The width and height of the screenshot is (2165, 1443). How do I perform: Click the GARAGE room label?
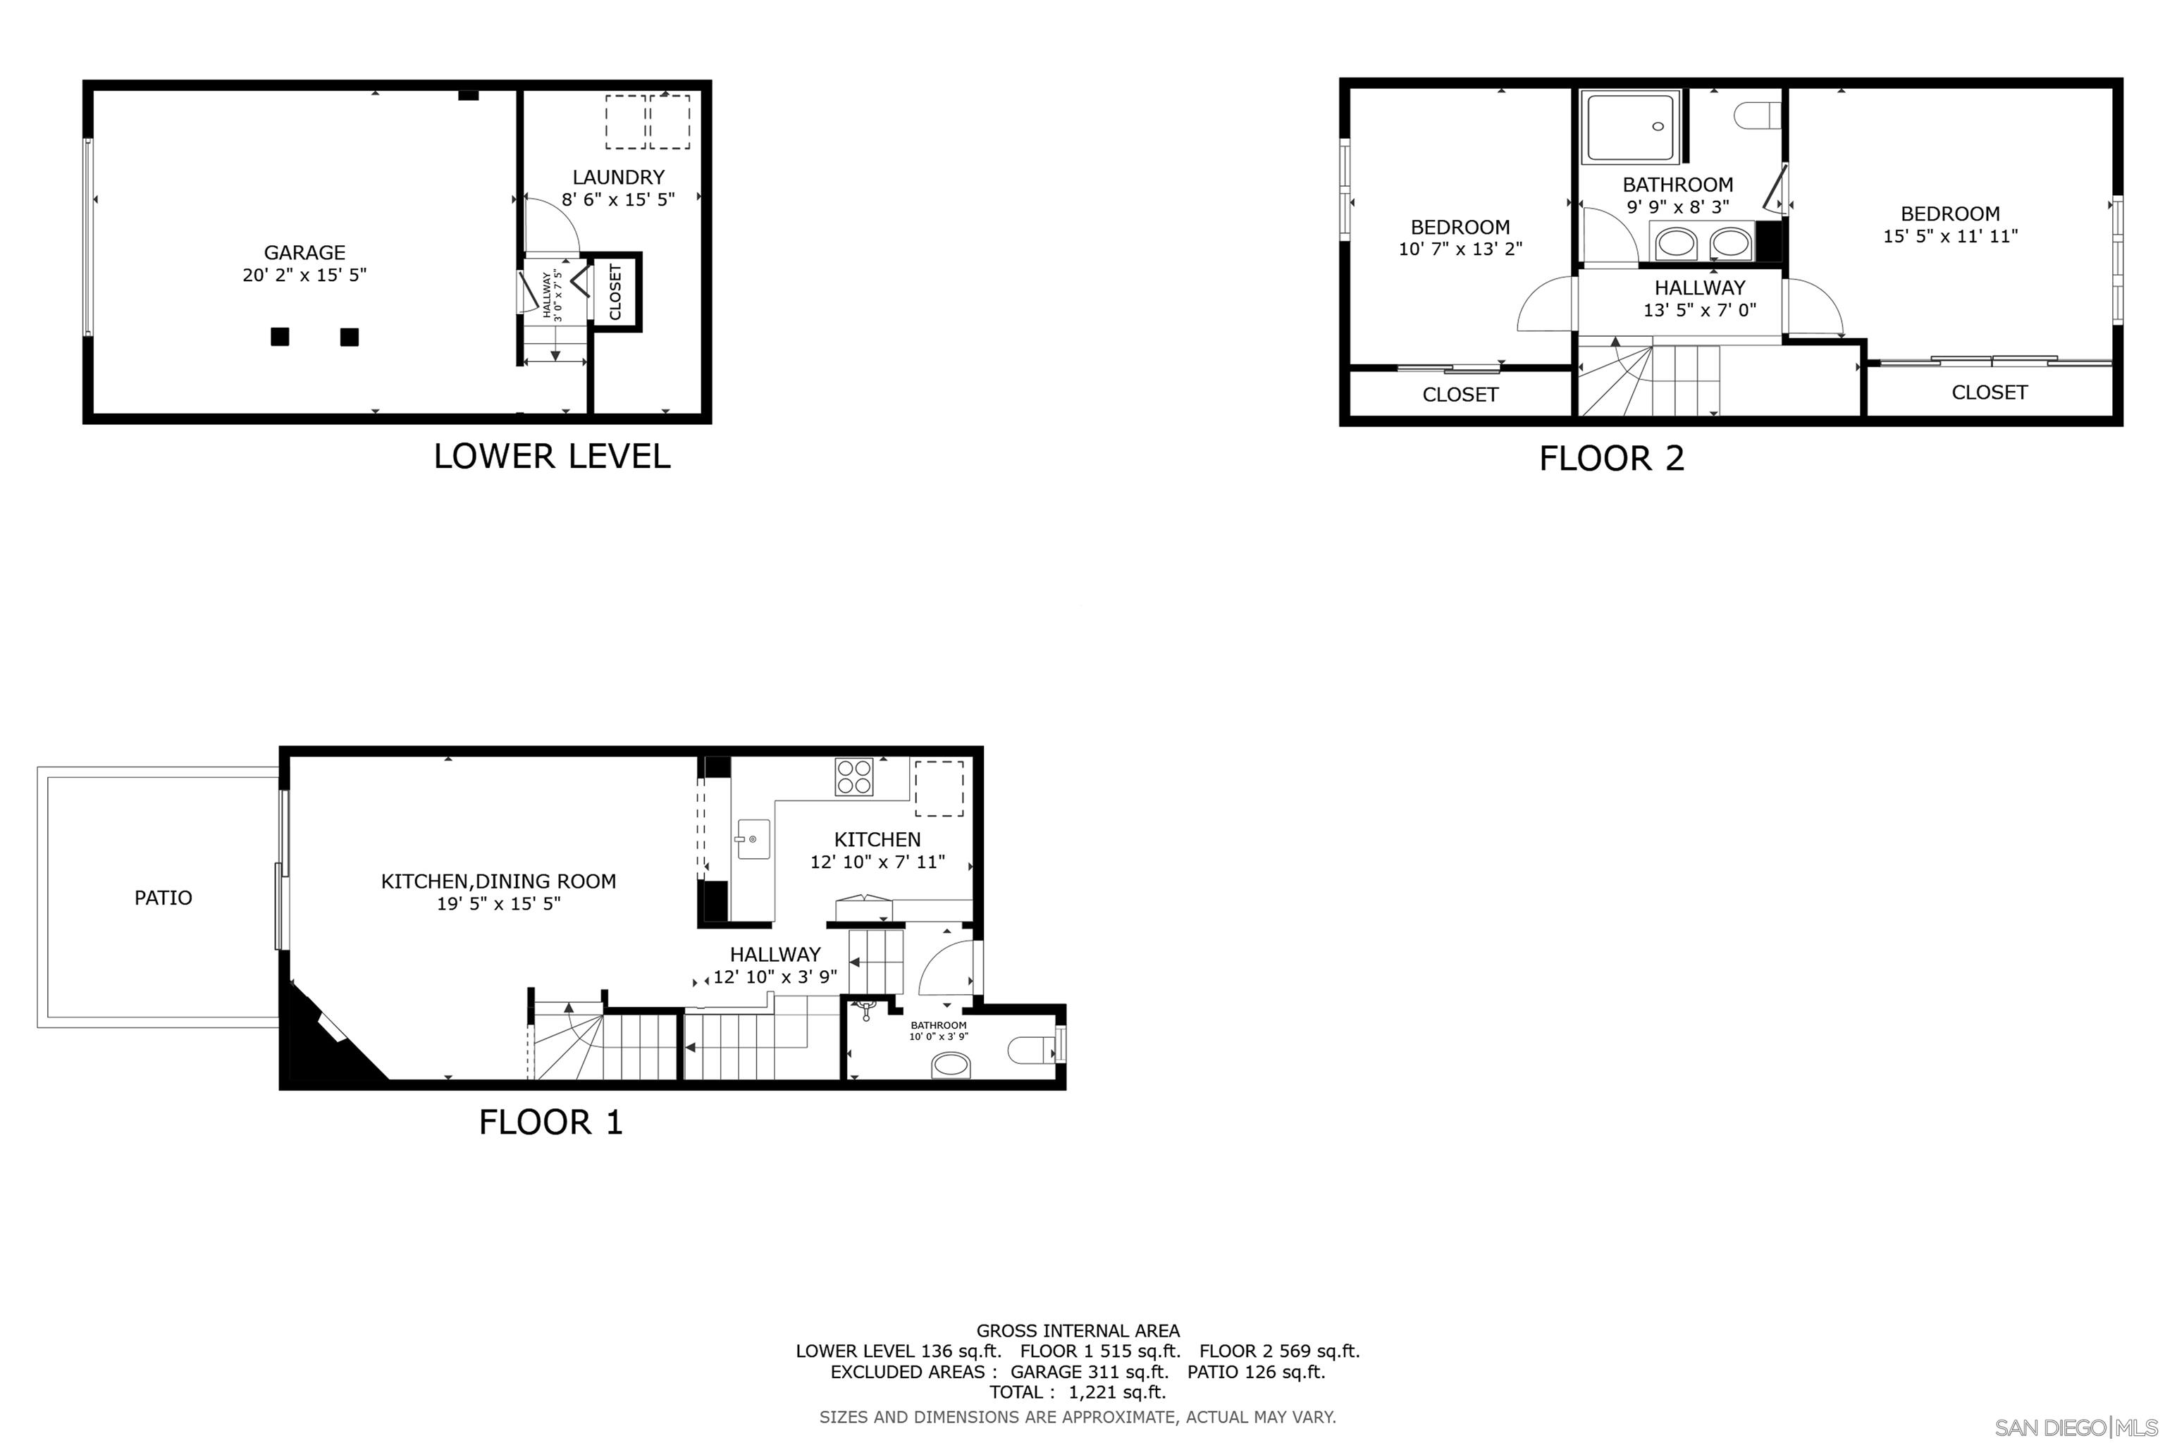point(304,252)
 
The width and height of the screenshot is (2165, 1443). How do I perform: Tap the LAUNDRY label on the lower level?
point(617,178)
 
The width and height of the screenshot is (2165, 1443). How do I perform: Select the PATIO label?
point(163,897)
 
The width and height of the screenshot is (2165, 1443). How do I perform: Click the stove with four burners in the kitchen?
point(853,776)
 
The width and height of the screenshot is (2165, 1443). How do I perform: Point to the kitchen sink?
point(752,839)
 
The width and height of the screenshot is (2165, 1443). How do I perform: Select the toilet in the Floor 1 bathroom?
point(1032,1048)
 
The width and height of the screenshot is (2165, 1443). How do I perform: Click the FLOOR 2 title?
point(1611,458)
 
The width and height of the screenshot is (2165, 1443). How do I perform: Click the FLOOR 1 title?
point(550,1122)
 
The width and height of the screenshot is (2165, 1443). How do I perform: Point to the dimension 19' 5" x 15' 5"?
point(498,904)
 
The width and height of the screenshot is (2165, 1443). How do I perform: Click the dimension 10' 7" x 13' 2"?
point(1460,249)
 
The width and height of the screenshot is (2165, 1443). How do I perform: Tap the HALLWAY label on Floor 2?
point(1699,288)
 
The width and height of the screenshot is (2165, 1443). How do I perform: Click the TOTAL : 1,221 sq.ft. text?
point(1077,1392)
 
